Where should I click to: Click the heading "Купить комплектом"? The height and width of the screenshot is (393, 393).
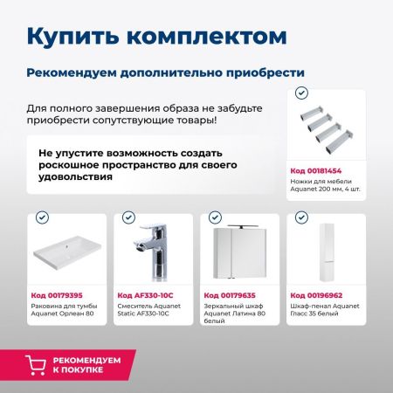tap(155, 36)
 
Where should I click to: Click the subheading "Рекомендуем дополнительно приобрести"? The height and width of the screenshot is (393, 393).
tap(165, 71)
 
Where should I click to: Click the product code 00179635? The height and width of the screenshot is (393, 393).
tap(231, 295)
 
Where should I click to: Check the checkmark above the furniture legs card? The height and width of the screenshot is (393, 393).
tap(302, 92)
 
